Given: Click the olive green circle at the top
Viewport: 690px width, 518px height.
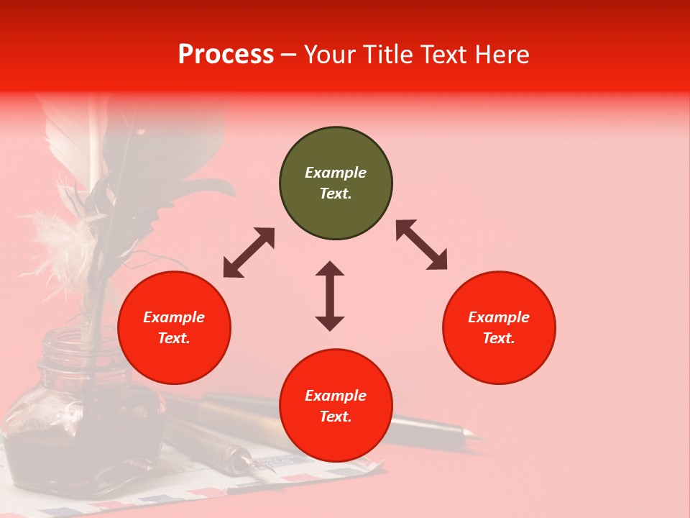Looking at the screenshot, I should (x=336, y=183).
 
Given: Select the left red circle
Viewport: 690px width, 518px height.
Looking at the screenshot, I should (x=174, y=327).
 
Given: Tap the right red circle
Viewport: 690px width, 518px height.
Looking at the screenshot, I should (x=499, y=327).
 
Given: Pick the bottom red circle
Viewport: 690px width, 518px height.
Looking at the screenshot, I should (x=336, y=406).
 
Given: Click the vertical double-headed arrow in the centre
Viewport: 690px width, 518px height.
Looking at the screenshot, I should (x=330, y=296).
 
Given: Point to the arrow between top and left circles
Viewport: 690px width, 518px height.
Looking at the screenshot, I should (x=249, y=253).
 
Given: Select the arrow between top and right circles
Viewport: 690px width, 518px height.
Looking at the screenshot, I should (x=422, y=245).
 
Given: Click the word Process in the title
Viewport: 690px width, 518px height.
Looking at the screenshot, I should (x=226, y=55).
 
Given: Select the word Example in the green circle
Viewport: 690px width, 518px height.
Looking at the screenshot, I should (x=336, y=173).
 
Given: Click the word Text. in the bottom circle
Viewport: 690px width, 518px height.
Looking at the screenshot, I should (x=336, y=417).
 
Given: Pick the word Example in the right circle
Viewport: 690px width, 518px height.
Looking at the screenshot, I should (x=499, y=317).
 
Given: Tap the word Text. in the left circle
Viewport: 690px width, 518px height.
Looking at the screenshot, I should (x=174, y=338).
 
